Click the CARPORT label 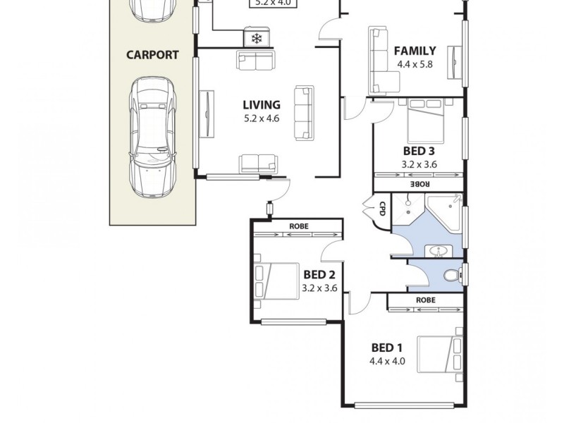click(x=152, y=54)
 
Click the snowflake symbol click(x=256, y=37)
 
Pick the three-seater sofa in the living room click(x=304, y=113)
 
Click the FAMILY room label click(x=415, y=51)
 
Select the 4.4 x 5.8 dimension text click(x=415, y=64)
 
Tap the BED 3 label click(x=418, y=151)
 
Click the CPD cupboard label click(x=382, y=209)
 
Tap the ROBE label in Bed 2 click(x=299, y=226)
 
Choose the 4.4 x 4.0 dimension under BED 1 click(x=387, y=362)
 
